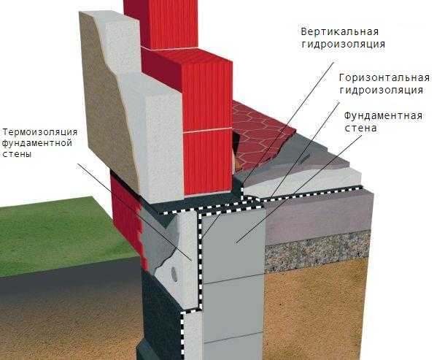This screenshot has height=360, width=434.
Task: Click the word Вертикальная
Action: point(340,31)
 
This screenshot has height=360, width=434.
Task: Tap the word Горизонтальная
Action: point(384,78)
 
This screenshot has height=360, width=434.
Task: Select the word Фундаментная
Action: point(383,116)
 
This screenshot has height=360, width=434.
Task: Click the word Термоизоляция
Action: point(40,132)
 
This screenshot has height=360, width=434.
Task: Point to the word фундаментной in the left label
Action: point(37,143)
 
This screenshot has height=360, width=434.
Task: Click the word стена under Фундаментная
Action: point(360,129)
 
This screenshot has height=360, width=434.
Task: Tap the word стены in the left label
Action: point(17,154)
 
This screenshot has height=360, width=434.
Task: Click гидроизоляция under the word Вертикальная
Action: point(344,45)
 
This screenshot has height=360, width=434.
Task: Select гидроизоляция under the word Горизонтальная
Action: point(381,91)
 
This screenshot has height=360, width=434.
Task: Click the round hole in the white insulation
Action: point(174,274)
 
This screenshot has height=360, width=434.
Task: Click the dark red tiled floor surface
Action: point(260,136)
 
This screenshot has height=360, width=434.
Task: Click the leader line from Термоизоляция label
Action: point(134,212)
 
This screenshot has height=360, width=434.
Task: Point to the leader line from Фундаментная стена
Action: point(299,189)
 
